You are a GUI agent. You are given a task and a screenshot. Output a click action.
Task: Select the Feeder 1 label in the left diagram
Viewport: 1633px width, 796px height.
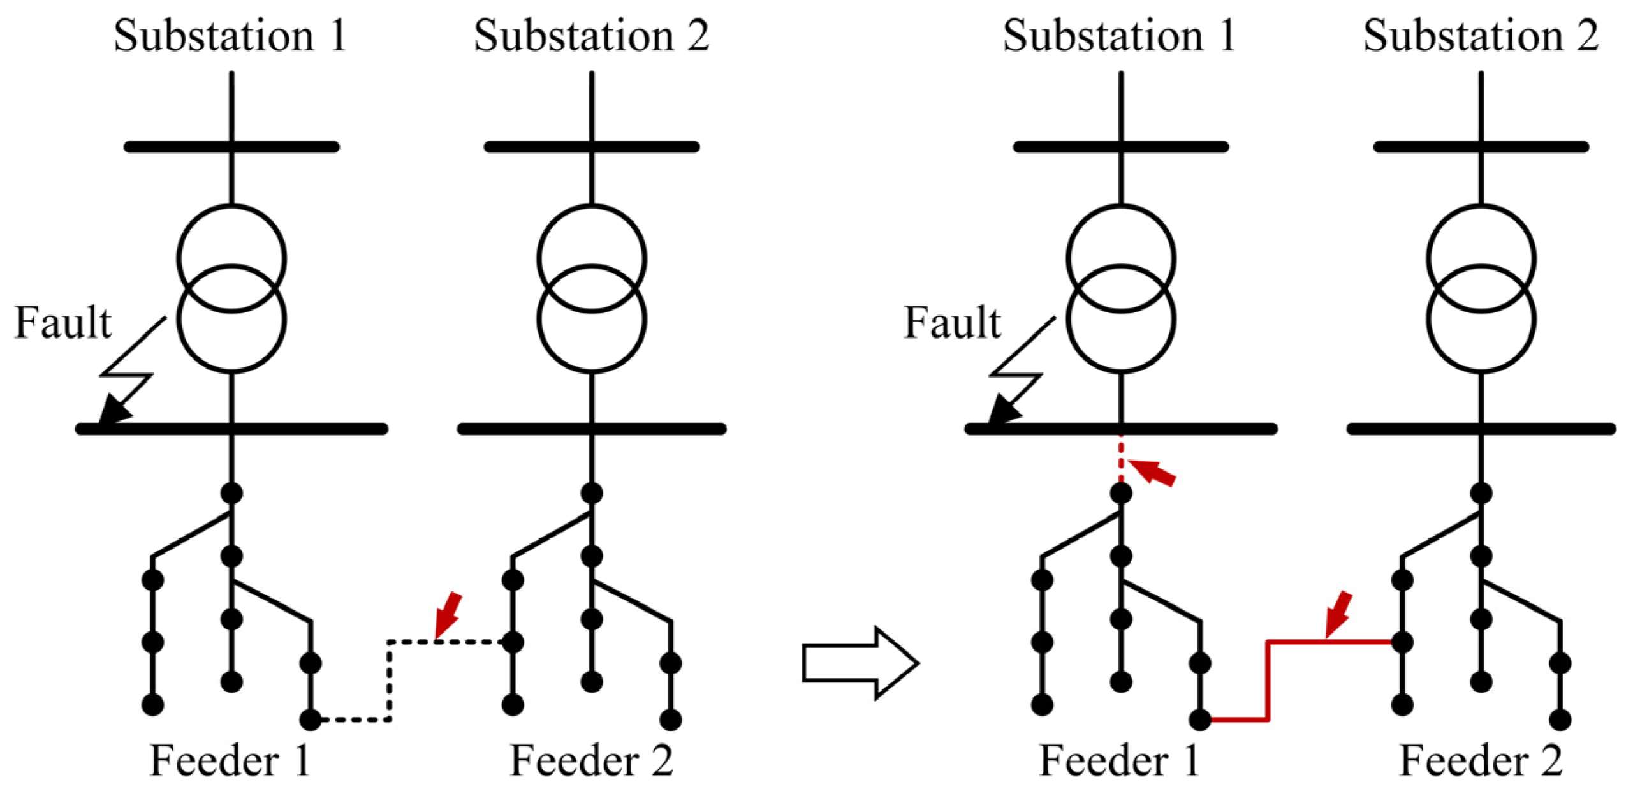[x=230, y=760]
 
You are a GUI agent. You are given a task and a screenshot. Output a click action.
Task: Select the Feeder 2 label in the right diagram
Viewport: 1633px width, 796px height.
[x=1481, y=760]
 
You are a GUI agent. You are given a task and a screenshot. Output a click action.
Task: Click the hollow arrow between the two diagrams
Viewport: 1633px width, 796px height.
[x=860, y=663]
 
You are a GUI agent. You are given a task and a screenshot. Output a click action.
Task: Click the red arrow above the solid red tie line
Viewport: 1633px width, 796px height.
[x=1338, y=614]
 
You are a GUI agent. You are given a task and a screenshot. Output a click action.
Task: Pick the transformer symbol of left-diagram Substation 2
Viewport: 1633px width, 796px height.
[x=592, y=288]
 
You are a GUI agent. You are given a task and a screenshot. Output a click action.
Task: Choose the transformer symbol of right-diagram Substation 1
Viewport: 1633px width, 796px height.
[x=1120, y=288]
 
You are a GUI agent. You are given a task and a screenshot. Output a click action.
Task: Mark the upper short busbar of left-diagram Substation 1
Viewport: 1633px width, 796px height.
[x=231, y=147]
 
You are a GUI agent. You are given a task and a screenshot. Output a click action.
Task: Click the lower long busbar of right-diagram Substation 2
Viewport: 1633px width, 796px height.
[x=1481, y=428]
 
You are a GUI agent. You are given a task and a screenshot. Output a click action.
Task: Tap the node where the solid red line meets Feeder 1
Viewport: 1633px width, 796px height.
[x=1199, y=719]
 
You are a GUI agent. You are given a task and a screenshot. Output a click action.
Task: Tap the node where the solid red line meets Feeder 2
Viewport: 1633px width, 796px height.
[x=1402, y=642]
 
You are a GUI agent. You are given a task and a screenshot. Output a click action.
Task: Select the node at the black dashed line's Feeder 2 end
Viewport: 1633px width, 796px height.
[x=513, y=642]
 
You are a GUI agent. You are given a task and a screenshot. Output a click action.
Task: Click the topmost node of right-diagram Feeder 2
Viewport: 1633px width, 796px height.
[x=1481, y=493]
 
